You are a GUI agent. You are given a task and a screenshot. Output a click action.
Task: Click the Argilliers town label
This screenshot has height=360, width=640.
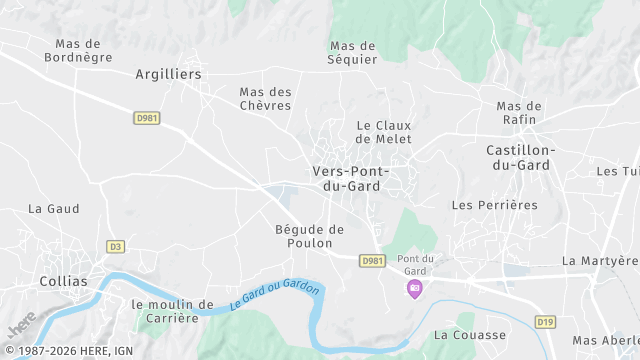(x=168, y=74)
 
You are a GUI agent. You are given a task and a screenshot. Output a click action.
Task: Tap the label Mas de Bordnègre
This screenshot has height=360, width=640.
(x=78, y=51)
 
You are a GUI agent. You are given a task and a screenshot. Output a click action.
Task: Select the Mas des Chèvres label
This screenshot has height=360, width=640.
(x=265, y=99)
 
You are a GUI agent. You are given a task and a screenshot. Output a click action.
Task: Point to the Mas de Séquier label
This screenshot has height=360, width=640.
(x=353, y=52)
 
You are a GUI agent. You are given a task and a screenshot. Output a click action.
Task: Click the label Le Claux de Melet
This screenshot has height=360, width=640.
(x=384, y=132)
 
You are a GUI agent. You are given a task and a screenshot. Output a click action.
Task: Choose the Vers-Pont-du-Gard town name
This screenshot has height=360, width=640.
(x=350, y=179)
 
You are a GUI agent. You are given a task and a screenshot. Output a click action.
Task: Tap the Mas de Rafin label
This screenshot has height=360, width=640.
(x=519, y=113)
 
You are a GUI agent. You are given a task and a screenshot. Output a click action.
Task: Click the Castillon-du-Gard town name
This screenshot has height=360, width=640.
(x=519, y=158)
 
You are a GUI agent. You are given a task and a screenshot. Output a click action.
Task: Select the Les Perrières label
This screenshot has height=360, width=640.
(x=494, y=205)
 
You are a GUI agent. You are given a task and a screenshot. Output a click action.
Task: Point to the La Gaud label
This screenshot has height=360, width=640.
(x=54, y=209)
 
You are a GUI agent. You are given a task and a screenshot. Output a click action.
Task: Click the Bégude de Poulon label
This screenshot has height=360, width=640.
(x=309, y=236)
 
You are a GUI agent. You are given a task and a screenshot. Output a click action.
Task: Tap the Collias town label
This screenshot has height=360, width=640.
(x=63, y=282)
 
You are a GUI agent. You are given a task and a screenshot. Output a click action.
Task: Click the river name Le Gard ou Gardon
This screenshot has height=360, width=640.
(x=274, y=294)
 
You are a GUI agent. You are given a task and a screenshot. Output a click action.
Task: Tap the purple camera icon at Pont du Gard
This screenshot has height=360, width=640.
(x=414, y=288)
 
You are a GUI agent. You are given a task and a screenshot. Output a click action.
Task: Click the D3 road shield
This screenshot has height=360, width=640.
(x=115, y=246)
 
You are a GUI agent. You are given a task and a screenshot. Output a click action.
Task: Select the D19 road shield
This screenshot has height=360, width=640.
(x=545, y=321)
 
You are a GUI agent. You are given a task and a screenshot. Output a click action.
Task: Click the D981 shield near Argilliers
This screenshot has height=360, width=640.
(x=147, y=118)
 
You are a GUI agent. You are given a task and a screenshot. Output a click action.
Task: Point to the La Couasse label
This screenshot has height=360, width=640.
(x=470, y=334)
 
